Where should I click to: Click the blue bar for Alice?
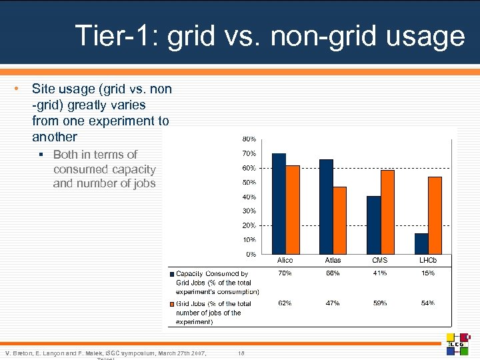(x=279, y=203)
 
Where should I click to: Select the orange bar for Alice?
(x=292, y=209)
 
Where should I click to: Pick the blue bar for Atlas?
(x=326, y=207)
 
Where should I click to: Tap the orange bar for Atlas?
(x=339, y=220)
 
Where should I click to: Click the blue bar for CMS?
(x=374, y=225)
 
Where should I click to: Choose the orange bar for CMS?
(x=387, y=211)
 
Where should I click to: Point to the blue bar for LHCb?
(x=421, y=243)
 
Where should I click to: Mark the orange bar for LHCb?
(x=435, y=215)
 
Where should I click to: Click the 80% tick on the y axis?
(x=249, y=139)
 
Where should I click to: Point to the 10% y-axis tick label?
(x=249, y=240)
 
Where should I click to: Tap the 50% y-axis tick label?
(x=249, y=183)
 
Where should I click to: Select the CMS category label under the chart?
(x=380, y=260)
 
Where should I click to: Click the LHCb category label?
(x=428, y=260)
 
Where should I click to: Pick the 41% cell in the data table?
(x=380, y=273)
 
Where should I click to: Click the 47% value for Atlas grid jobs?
(x=333, y=303)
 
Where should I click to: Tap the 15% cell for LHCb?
(x=428, y=273)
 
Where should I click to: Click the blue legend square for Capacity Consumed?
(x=171, y=274)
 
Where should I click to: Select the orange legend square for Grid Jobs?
(x=171, y=304)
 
